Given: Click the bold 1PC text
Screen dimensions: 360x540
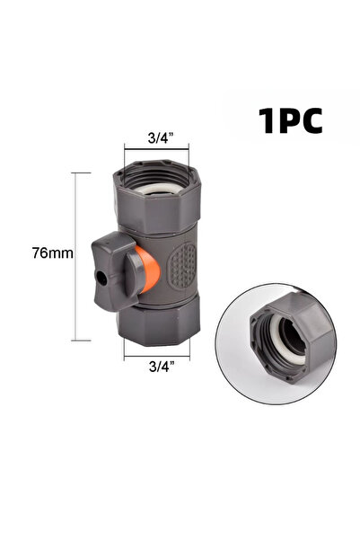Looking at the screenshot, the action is (x=290, y=120).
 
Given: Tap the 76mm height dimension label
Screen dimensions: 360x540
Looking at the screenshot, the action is (x=53, y=253).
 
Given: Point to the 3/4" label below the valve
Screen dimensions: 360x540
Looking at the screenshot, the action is (x=162, y=366).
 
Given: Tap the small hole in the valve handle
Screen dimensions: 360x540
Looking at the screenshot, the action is (x=101, y=278).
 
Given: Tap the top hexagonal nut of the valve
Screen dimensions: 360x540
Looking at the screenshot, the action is (x=156, y=197).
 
